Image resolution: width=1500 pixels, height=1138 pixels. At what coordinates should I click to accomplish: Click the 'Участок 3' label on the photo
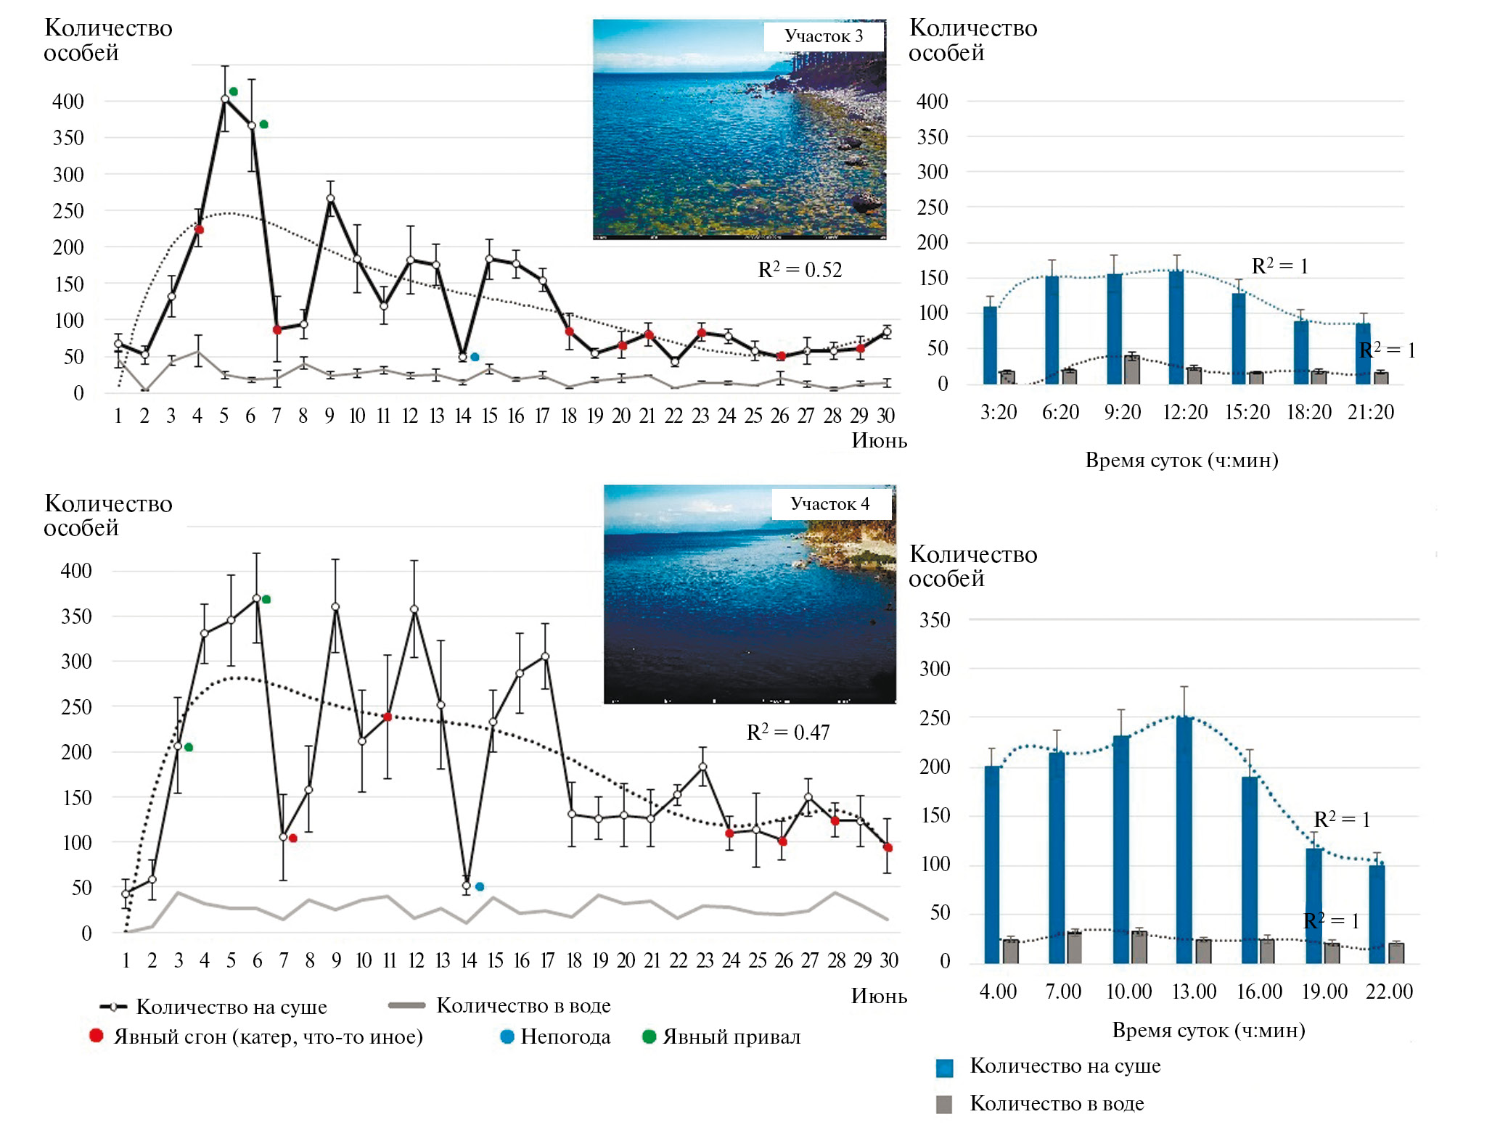824,36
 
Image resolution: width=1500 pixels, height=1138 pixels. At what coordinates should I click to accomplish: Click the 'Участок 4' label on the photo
830,504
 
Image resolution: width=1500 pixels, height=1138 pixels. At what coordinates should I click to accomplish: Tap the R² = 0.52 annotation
800,270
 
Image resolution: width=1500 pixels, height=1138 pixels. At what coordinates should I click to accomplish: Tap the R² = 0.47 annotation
788,733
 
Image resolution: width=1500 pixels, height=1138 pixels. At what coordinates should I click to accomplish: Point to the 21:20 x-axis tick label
1371,412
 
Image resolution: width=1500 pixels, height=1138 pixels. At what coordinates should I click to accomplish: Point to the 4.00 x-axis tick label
998,991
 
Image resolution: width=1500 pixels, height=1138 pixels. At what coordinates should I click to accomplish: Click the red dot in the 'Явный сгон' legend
96,1036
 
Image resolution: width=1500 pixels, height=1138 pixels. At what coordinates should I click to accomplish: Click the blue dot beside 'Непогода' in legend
507,1036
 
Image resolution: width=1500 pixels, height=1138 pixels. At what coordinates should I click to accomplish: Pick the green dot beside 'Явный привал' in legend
649,1036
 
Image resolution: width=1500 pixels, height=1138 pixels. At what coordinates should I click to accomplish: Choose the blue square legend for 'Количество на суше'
944,1068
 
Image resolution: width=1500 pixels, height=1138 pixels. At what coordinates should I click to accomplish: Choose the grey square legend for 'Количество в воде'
944,1105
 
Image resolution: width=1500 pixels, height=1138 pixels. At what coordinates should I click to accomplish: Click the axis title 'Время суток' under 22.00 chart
1208,1031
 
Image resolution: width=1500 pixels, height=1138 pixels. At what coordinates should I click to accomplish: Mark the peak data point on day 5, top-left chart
225,99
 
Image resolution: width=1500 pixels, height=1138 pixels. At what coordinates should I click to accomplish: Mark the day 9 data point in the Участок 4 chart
335,606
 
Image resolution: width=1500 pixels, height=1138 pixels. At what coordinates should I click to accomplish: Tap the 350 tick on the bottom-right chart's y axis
935,620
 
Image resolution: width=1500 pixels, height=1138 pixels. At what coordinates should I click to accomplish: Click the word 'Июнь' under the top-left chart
879,440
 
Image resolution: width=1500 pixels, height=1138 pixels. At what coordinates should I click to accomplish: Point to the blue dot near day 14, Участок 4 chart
480,886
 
